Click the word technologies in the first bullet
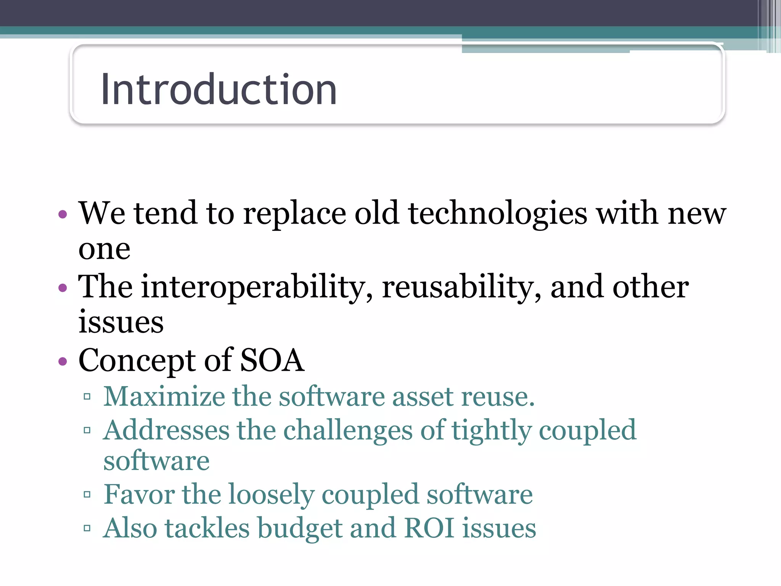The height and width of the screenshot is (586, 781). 498,214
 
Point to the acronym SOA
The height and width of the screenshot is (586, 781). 272,360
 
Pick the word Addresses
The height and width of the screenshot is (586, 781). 166,430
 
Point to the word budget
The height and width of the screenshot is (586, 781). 299,529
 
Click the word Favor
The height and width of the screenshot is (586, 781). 139,494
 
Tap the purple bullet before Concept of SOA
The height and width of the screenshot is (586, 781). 63,361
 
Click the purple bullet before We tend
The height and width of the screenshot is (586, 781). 63,214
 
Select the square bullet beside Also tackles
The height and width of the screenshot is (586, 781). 87,528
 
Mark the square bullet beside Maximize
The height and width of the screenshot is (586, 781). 87,397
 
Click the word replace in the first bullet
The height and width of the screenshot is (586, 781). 294,214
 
